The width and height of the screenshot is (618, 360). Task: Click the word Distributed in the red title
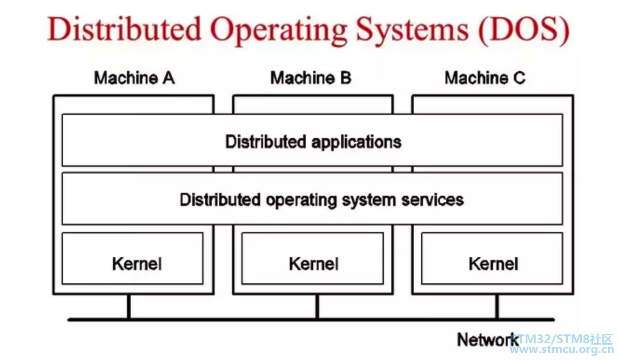click(124, 29)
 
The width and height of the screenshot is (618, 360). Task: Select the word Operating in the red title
click(278, 31)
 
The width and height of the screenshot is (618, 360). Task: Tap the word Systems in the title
click(412, 31)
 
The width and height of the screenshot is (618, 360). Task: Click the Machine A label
click(134, 78)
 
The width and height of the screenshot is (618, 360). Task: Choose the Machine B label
click(311, 78)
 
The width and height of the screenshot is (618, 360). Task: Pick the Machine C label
click(485, 78)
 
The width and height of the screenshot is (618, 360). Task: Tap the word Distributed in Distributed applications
click(266, 142)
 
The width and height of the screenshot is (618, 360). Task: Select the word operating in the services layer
click(301, 200)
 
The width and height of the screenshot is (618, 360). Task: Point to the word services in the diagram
click(432, 200)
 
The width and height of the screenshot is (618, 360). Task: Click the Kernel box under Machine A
click(133, 258)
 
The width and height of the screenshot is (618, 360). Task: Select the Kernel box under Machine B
click(313, 258)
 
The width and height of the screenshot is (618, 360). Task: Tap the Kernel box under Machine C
click(492, 258)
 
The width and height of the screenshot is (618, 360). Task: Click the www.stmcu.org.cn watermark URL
click(561, 350)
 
